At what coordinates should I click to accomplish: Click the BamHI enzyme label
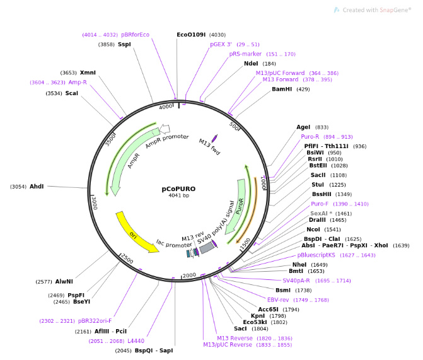click(x=282, y=90)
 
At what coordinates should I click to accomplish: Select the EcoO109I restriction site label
click(x=192, y=35)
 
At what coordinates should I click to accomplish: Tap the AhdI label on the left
click(x=37, y=187)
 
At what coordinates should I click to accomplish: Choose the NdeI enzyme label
click(x=251, y=64)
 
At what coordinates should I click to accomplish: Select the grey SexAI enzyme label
click(x=321, y=214)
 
